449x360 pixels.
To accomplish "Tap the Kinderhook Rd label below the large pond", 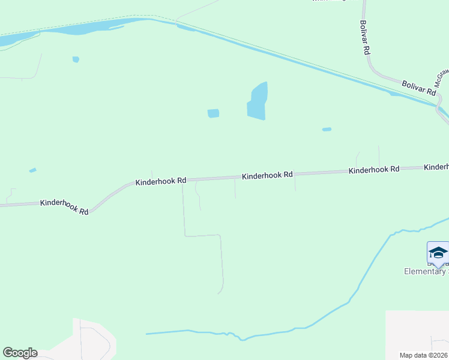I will pyautogui.click(x=267, y=175).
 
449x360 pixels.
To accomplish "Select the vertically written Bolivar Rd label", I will pyautogui.click(x=364, y=38).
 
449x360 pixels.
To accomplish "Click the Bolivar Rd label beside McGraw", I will pyautogui.click(x=418, y=88).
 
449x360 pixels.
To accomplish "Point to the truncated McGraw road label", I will pyautogui.click(x=442, y=78).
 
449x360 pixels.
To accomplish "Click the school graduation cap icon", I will pyautogui.click(x=438, y=253).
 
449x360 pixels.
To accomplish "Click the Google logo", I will pyautogui.click(x=20, y=353).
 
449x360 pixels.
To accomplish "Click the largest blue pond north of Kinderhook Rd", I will pyautogui.click(x=258, y=102).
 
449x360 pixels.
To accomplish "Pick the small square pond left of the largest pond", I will pyautogui.click(x=213, y=113).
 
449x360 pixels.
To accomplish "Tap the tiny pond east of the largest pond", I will pyautogui.click(x=327, y=129).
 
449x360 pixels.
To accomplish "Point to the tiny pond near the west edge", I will pyautogui.click(x=32, y=170).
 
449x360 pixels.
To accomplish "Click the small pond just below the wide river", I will pyautogui.click(x=76, y=59).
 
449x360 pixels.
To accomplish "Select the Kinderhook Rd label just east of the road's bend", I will pyautogui.click(x=161, y=181).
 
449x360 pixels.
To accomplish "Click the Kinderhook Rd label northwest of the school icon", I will pyautogui.click(x=374, y=170).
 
